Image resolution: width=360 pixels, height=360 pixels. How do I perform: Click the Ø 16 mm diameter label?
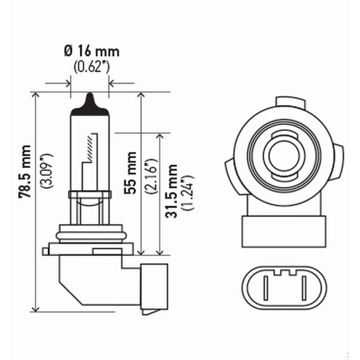89,52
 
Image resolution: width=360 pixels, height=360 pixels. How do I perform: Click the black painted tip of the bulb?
89,103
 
